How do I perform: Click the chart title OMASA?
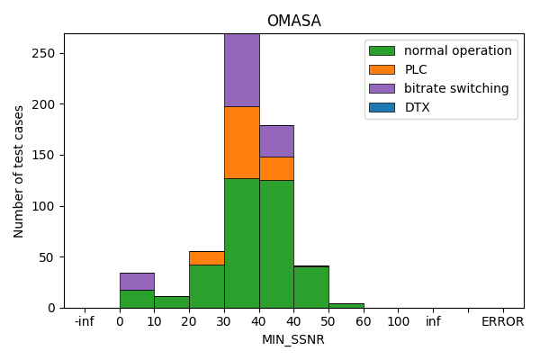pos(293,22)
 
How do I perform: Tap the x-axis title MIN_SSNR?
pos(293,339)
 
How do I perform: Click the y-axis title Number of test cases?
pos(19,171)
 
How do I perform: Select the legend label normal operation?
pos(457,50)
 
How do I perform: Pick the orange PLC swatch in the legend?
pos(381,69)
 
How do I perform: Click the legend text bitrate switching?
pos(455,88)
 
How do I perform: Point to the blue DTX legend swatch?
pos(381,107)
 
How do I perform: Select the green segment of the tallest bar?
pos(241,243)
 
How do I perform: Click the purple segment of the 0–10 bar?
pos(137,281)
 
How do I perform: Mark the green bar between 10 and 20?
pos(171,302)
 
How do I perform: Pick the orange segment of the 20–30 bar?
pos(206,257)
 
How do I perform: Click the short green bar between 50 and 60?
pos(346,306)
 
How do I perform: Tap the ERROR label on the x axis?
pos(502,321)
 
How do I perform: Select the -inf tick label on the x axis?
pos(85,321)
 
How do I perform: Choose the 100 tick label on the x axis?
pos(399,321)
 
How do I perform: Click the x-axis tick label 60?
pos(364,321)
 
